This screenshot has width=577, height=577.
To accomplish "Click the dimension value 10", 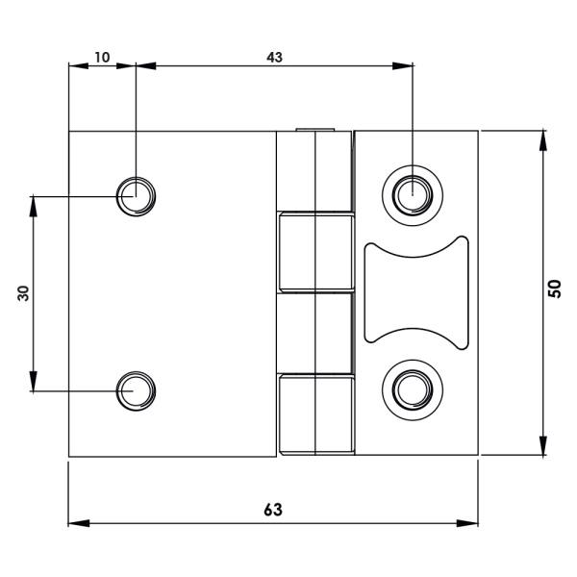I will [101, 57].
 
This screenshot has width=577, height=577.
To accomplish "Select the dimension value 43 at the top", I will [274, 57].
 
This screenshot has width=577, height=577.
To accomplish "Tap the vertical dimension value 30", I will [24, 293].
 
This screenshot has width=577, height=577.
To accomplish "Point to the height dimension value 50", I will [555, 290].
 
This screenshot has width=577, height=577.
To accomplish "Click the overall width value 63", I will [273, 510].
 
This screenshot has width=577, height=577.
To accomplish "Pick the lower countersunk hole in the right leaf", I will [412, 389].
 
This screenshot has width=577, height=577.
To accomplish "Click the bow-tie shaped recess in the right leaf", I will [416, 290].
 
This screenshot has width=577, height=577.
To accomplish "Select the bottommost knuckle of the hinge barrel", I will [315, 414].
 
